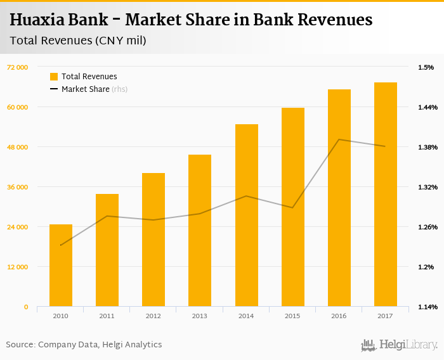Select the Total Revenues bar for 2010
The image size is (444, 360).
61,266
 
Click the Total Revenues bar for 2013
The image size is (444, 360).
200,231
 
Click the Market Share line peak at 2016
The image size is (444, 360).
339,139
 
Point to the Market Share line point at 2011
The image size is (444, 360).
107,216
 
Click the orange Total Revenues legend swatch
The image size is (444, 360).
54,77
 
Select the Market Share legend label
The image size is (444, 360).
86,89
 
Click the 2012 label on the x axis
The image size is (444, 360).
153,316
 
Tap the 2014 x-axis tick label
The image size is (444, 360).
246,316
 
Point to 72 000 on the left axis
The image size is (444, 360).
17,67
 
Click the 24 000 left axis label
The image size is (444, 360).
17,227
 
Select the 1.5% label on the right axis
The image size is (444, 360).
426,67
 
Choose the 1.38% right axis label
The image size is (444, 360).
428,147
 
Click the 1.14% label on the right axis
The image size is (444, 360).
428,307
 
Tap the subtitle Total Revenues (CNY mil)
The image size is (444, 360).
78,41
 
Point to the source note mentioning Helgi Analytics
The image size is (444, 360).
84,345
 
